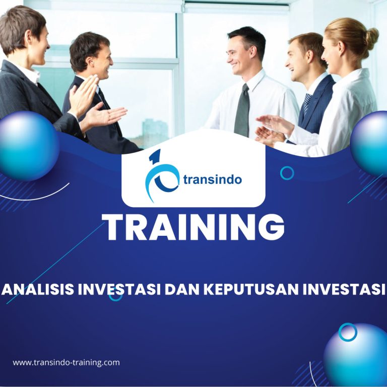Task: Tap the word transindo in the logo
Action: (213, 179)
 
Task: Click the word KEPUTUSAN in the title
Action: (251, 289)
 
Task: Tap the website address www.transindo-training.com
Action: (66, 363)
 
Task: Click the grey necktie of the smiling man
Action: (242, 110)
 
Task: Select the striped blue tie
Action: (307, 104)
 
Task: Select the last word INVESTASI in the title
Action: (344, 289)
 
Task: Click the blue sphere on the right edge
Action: (369, 144)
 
